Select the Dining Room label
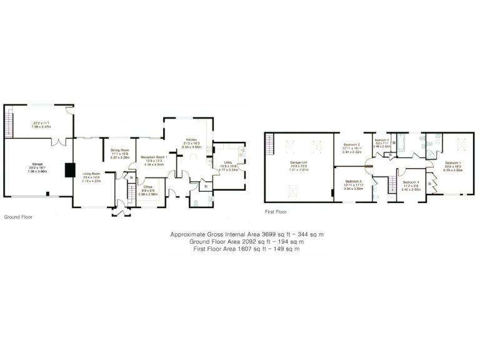(119, 150)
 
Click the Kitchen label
(191, 141)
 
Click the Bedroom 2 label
(353, 144)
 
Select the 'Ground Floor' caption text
(18, 217)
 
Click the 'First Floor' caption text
(277, 212)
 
